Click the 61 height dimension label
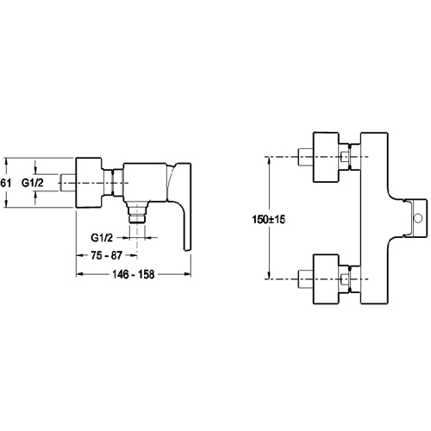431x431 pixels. click(5, 183)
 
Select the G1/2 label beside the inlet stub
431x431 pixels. click(33, 183)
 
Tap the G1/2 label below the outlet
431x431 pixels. click(102, 238)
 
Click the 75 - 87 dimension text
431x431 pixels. click(107, 255)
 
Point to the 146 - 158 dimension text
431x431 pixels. click(134, 274)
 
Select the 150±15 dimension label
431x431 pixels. click(269, 220)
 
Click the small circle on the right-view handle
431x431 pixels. click(418, 218)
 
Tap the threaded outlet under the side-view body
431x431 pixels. click(137, 215)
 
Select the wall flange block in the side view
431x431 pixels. click(89, 183)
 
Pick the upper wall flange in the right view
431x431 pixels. click(326, 157)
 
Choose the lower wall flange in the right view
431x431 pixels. click(326, 279)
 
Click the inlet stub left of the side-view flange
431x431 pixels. click(68, 183)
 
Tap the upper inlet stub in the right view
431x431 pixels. click(306, 157)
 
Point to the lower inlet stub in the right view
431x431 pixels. click(306, 279)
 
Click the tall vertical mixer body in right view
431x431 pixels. click(374, 218)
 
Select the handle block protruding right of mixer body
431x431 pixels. click(415, 218)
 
